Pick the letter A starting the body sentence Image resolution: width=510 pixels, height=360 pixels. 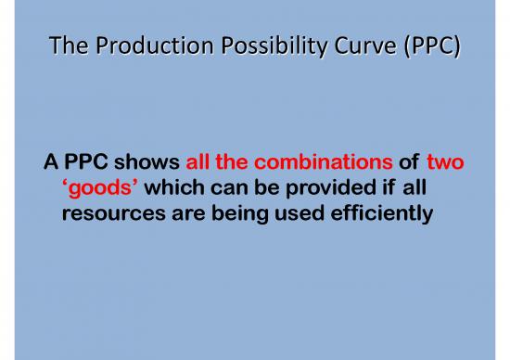pos(52,164)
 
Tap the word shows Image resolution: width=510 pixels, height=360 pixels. pos(144,164)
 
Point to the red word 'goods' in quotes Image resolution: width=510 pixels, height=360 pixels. pos(93,191)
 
